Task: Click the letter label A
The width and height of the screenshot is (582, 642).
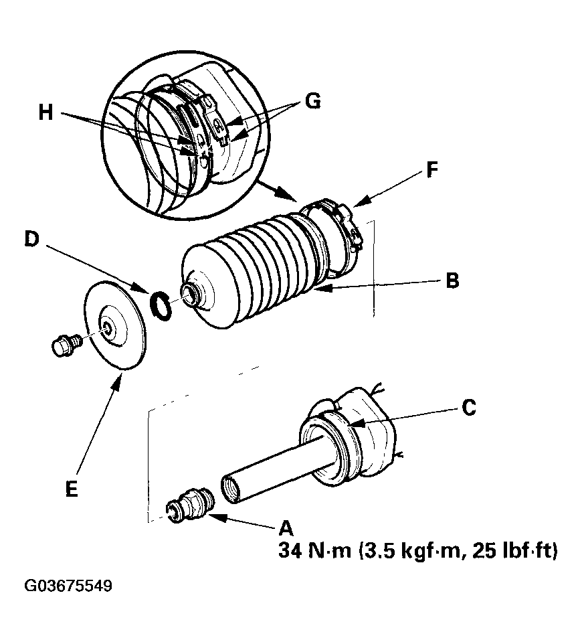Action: click(286, 526)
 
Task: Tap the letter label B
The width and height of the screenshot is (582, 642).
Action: click(452, 280)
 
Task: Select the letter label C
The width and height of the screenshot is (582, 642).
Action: click(469, 407)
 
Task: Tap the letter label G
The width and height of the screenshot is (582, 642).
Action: click(312, 101)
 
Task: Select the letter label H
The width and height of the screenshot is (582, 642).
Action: click(45, 112)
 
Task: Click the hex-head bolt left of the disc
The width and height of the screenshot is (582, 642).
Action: click(64, 344)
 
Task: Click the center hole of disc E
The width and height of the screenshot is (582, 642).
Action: click(107, 326)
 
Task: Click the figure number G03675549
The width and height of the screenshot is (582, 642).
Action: click(68, 586)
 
